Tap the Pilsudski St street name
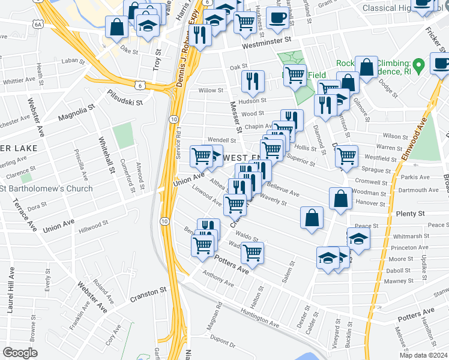[x=125, y=98]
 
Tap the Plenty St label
[x=410, y=214]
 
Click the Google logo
[x=20, y=353]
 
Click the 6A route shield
[x=38, y=25]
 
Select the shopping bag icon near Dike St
[x=116, y=26]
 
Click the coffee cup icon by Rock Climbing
[x=441, y=63]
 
